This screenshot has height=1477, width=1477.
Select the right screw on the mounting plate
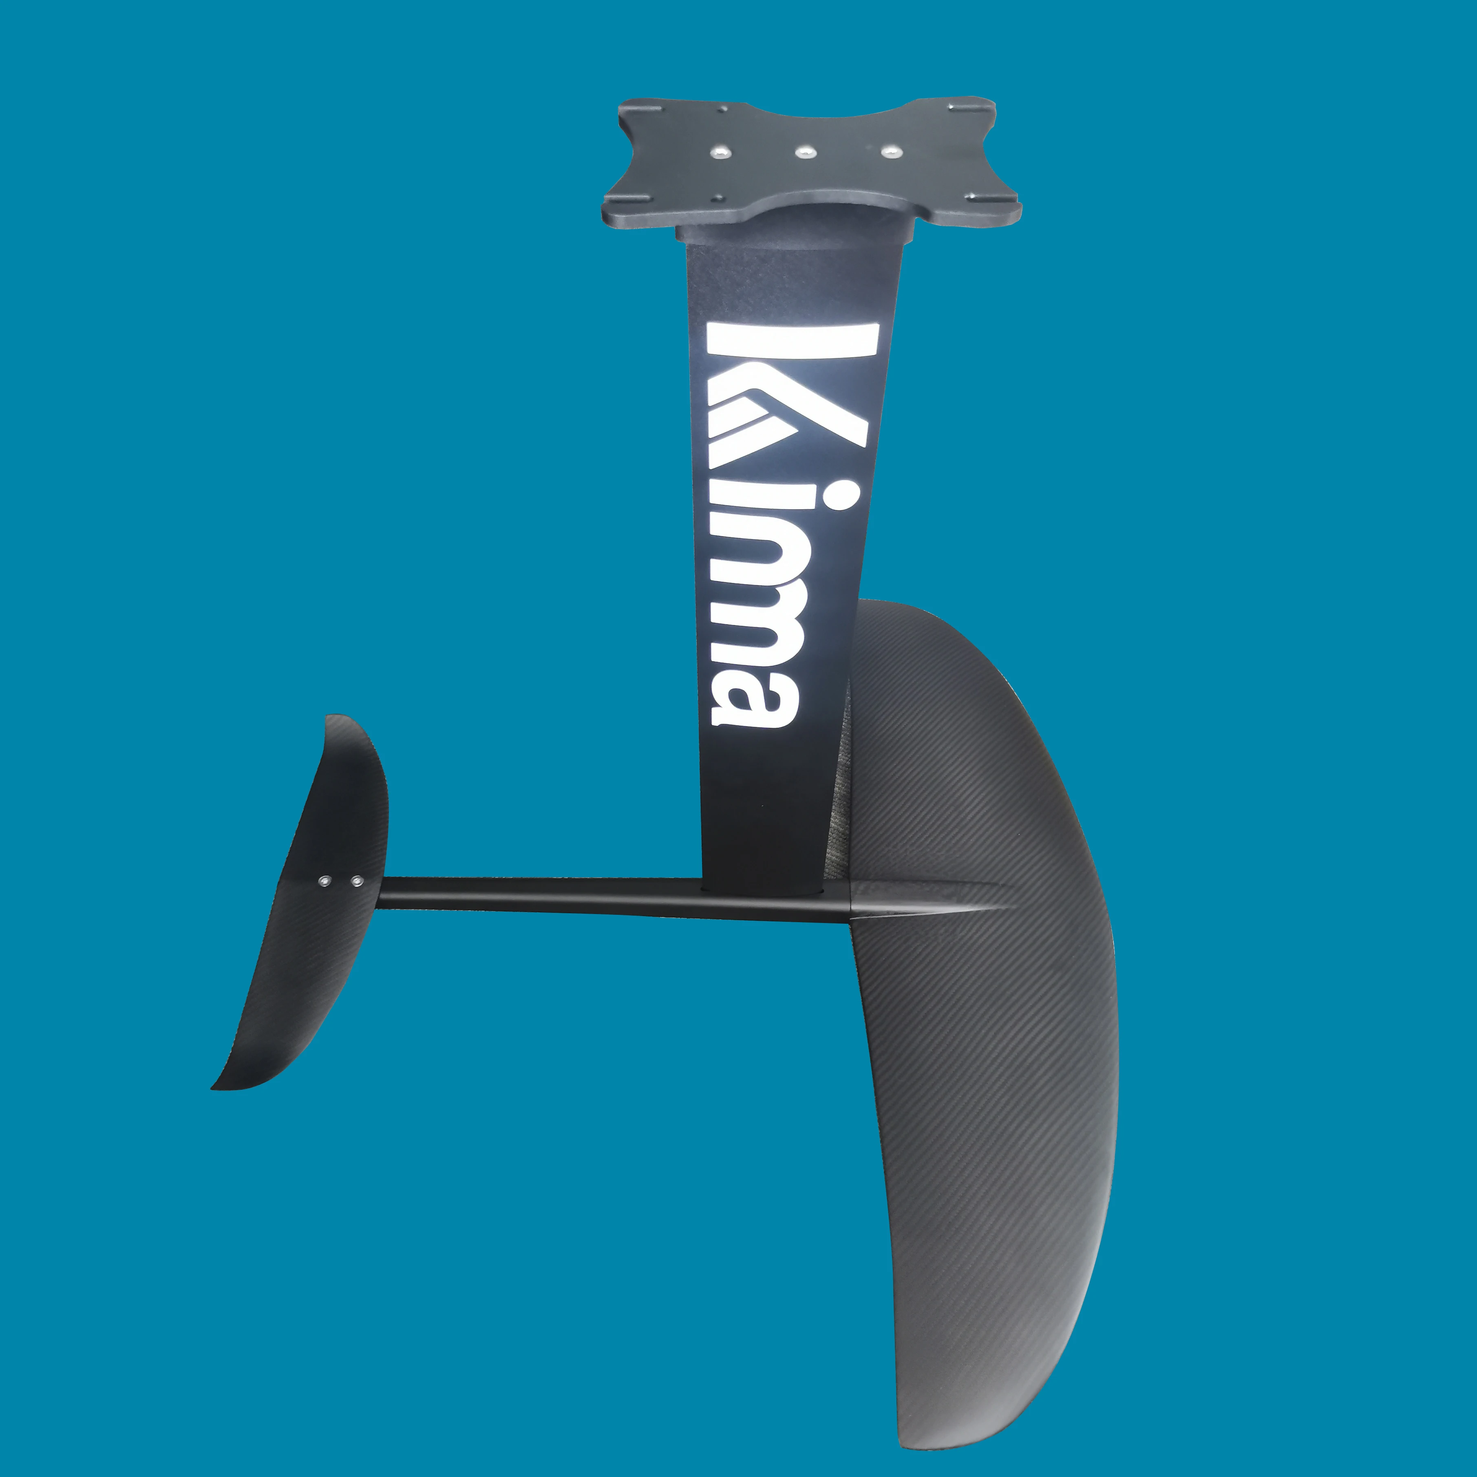[x=888, y=151]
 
